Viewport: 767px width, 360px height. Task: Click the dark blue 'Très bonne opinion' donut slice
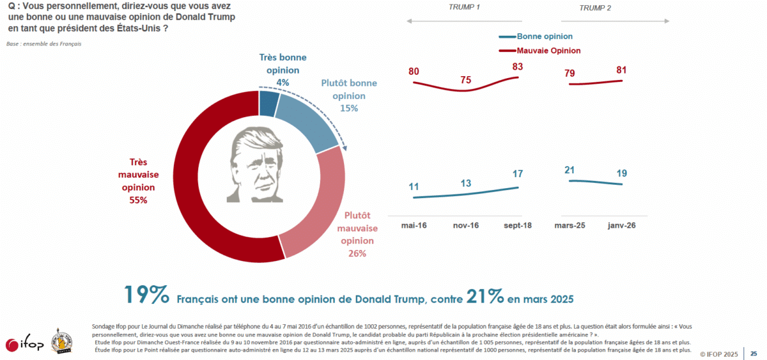click(x=269, y=104)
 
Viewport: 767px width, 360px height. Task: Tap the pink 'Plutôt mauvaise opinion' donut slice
click(x=313, y=217)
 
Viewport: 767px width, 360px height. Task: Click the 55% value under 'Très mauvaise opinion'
click(x=138, y=200)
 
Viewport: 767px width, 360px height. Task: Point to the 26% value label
click(x=357, y=254)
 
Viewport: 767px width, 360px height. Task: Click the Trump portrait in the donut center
click(x=259, y=164)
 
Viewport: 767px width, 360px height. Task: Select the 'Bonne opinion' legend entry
click(x=544, y=37)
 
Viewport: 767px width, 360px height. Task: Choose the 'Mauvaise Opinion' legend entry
click(x=548, y=51)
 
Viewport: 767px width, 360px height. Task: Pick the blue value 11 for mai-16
click(x=414, y=187)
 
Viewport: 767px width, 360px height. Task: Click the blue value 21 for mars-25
click(x=570, y=169)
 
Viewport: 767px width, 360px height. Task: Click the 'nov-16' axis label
click(x=467, y=226)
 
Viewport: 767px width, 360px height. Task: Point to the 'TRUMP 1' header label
click(x=464, y=8)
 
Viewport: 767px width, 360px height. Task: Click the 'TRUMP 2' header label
click(x=596, y=8)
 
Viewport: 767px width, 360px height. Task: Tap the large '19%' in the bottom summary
click(x=146, y=295)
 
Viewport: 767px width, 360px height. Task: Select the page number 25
click(x=754, y=353)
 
